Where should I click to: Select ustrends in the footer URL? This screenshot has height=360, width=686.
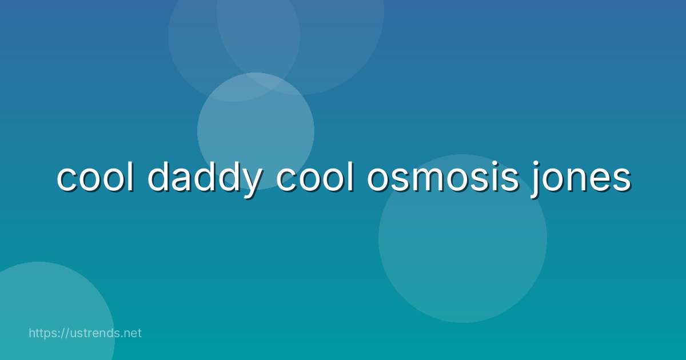tap(97, 333)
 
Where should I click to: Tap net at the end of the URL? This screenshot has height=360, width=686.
tap(132, 333)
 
